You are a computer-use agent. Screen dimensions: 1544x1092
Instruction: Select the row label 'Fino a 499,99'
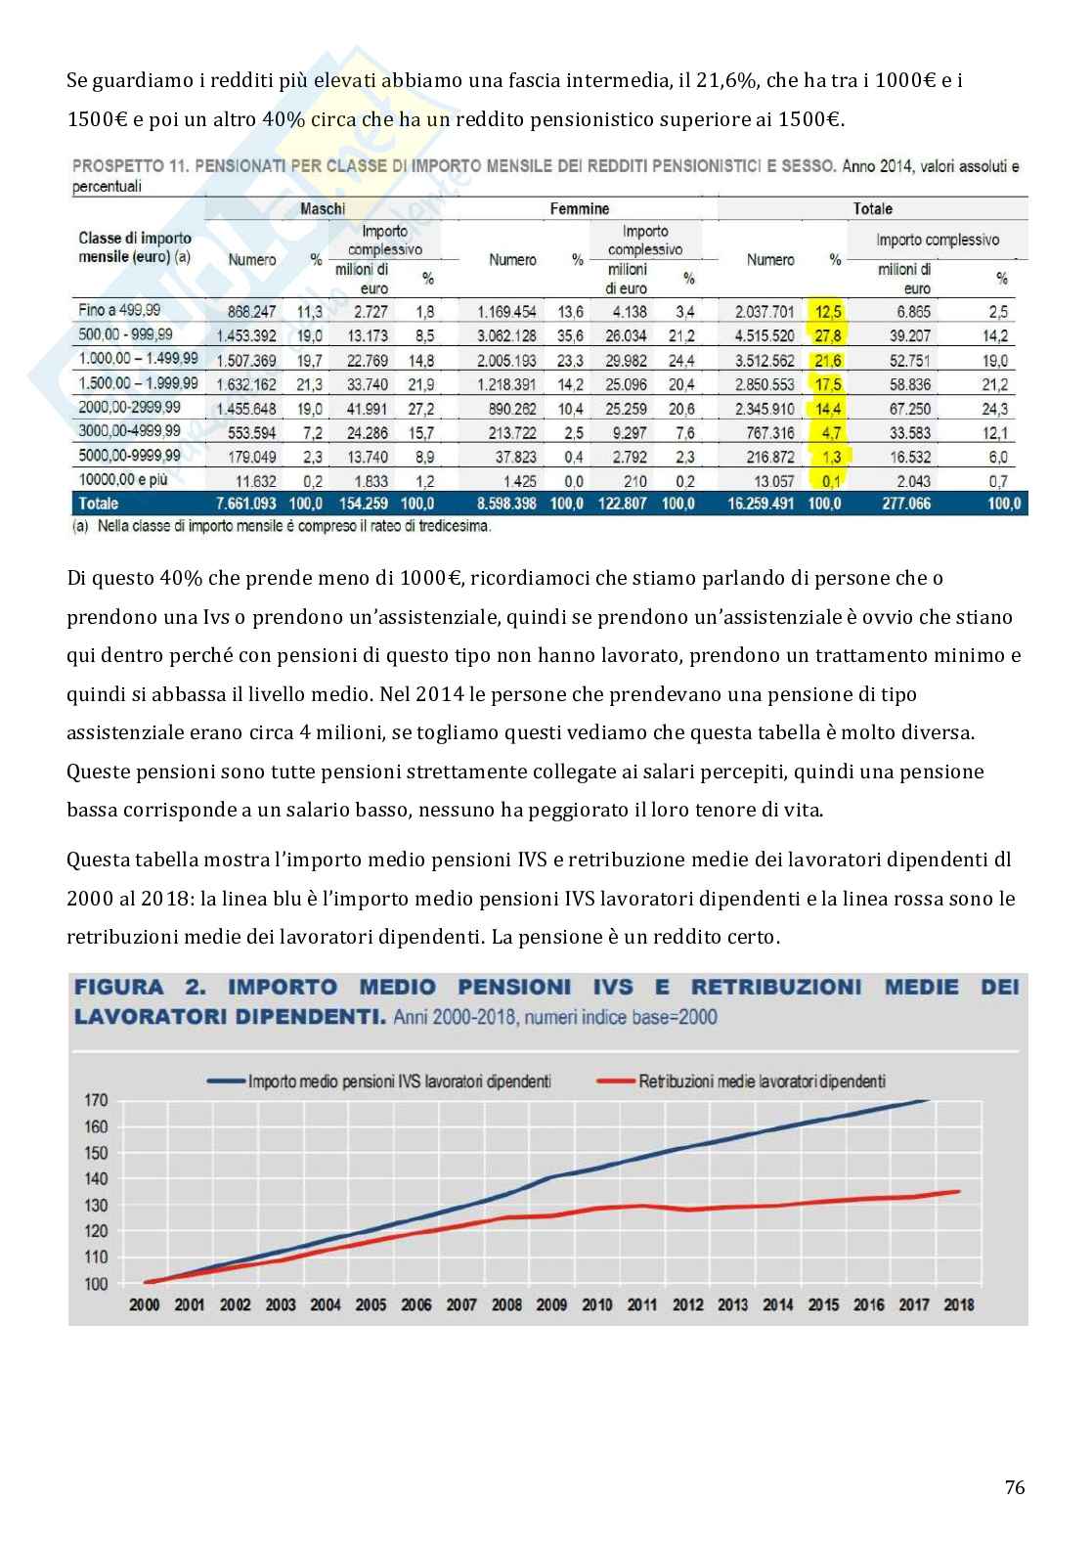point(119,311)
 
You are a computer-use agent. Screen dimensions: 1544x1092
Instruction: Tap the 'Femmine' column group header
point(580,208)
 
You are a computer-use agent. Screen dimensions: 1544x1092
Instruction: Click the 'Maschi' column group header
point(322,208)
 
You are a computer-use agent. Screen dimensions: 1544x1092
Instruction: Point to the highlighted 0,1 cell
point(832,481)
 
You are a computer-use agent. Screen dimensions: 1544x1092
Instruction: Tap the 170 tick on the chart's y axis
point(95,1100)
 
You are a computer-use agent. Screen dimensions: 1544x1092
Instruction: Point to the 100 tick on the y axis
point(95,1284)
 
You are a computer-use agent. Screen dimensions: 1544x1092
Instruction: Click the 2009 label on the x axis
point(552,1304)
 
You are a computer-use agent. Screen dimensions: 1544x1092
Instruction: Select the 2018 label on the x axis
point(958,1304)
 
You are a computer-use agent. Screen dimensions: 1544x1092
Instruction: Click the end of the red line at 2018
point(958,1191)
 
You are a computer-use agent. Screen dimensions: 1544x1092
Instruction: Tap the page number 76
point(1014,1489)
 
